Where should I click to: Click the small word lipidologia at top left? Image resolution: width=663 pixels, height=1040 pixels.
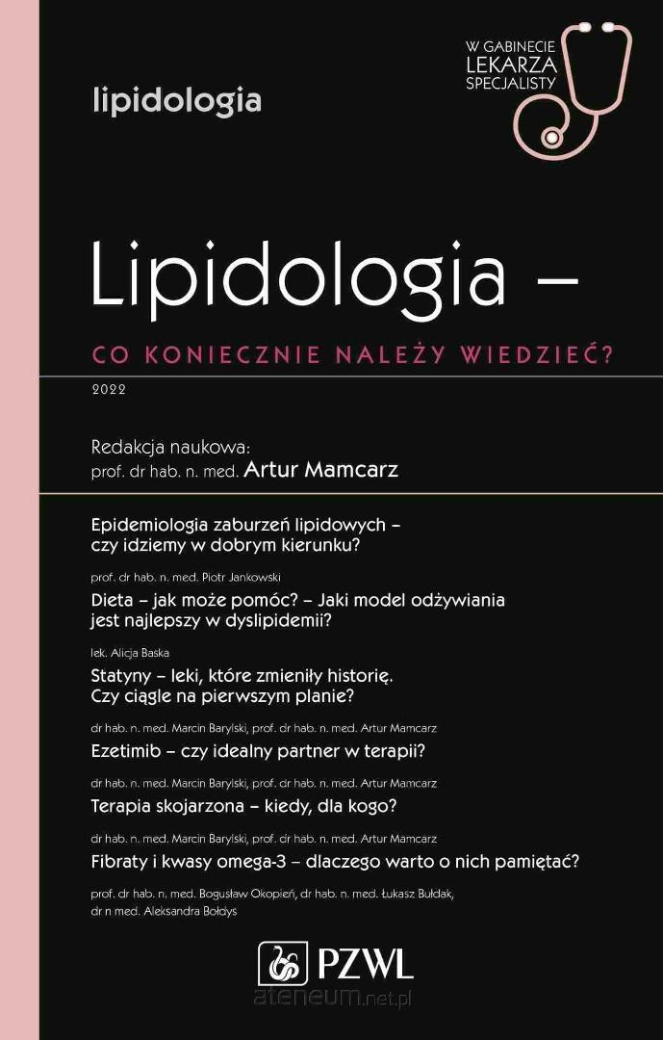[176, 100]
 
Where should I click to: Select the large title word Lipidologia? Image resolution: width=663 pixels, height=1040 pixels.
[298, 273]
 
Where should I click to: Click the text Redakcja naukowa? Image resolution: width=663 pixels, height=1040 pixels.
[170, 447]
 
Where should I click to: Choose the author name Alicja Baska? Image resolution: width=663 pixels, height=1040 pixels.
[141, 653]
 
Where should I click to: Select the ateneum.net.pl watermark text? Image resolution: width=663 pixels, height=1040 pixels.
[332, 998]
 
